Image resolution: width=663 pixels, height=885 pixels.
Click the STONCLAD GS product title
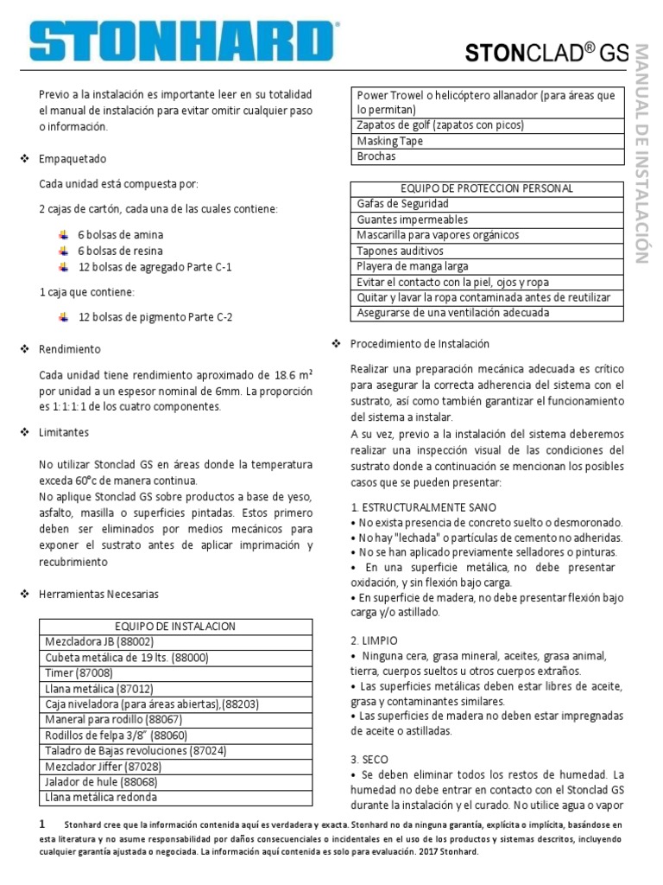(x=547, y=53)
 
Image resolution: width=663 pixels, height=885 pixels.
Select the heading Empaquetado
(x=73, y=160)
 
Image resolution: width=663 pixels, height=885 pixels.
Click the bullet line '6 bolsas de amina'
(x=120, y=235)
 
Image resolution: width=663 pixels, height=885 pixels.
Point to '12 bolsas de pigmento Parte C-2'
(x=155, y=317)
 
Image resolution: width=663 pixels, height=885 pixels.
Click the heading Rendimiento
(x=70, y=349)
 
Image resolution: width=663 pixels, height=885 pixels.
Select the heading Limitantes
(x=65, y=432)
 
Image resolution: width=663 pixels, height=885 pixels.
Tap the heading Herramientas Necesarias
(x=99, y=595)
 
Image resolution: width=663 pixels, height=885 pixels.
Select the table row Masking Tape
(x=389, y=141)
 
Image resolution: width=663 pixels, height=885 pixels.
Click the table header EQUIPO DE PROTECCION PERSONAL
(x=487, y=188)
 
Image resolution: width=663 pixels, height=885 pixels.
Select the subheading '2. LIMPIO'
(x=374, y=640)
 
